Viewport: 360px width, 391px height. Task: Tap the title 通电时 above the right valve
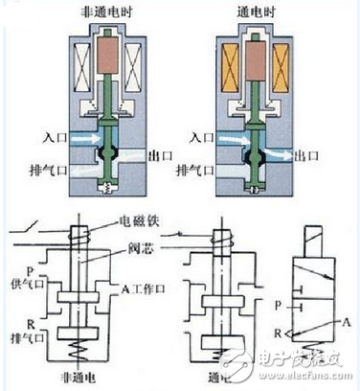[x=256, y=12]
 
